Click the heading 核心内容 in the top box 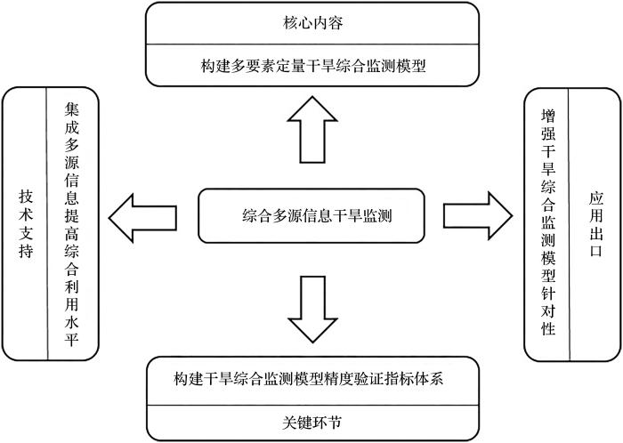(312, 22)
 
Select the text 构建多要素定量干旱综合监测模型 (313, 66)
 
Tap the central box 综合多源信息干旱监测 (311, 216)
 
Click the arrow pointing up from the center (312, 129)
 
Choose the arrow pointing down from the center (312, 310)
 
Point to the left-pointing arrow (142, 218)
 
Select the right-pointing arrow (478, 216)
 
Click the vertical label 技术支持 (26, 224)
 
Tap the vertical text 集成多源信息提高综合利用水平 (72, 224)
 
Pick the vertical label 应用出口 (596, 224)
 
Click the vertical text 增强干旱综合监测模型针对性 (548, 222)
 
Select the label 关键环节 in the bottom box (311, 423)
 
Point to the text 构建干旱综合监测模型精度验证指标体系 (308, 379)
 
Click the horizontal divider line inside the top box (312, 44)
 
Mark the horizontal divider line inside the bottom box (312, 406)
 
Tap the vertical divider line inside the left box (47, 223)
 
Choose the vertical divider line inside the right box (569, 225)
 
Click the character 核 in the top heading (290, 23)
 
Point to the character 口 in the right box (596, 250)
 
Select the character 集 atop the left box (72, 109)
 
